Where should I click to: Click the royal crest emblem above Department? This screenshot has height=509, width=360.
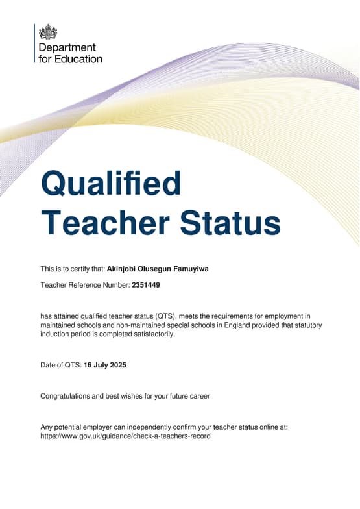click(48, 32)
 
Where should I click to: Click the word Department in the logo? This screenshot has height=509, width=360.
click(67, 47)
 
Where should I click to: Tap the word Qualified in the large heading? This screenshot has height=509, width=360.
click(111, 184)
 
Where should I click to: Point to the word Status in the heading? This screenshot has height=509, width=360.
click(230, 223)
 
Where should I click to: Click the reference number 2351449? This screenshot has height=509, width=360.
click(146, 285)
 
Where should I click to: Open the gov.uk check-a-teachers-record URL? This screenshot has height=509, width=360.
click(125, 436)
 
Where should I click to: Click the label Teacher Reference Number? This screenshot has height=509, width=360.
click(84, 285)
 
